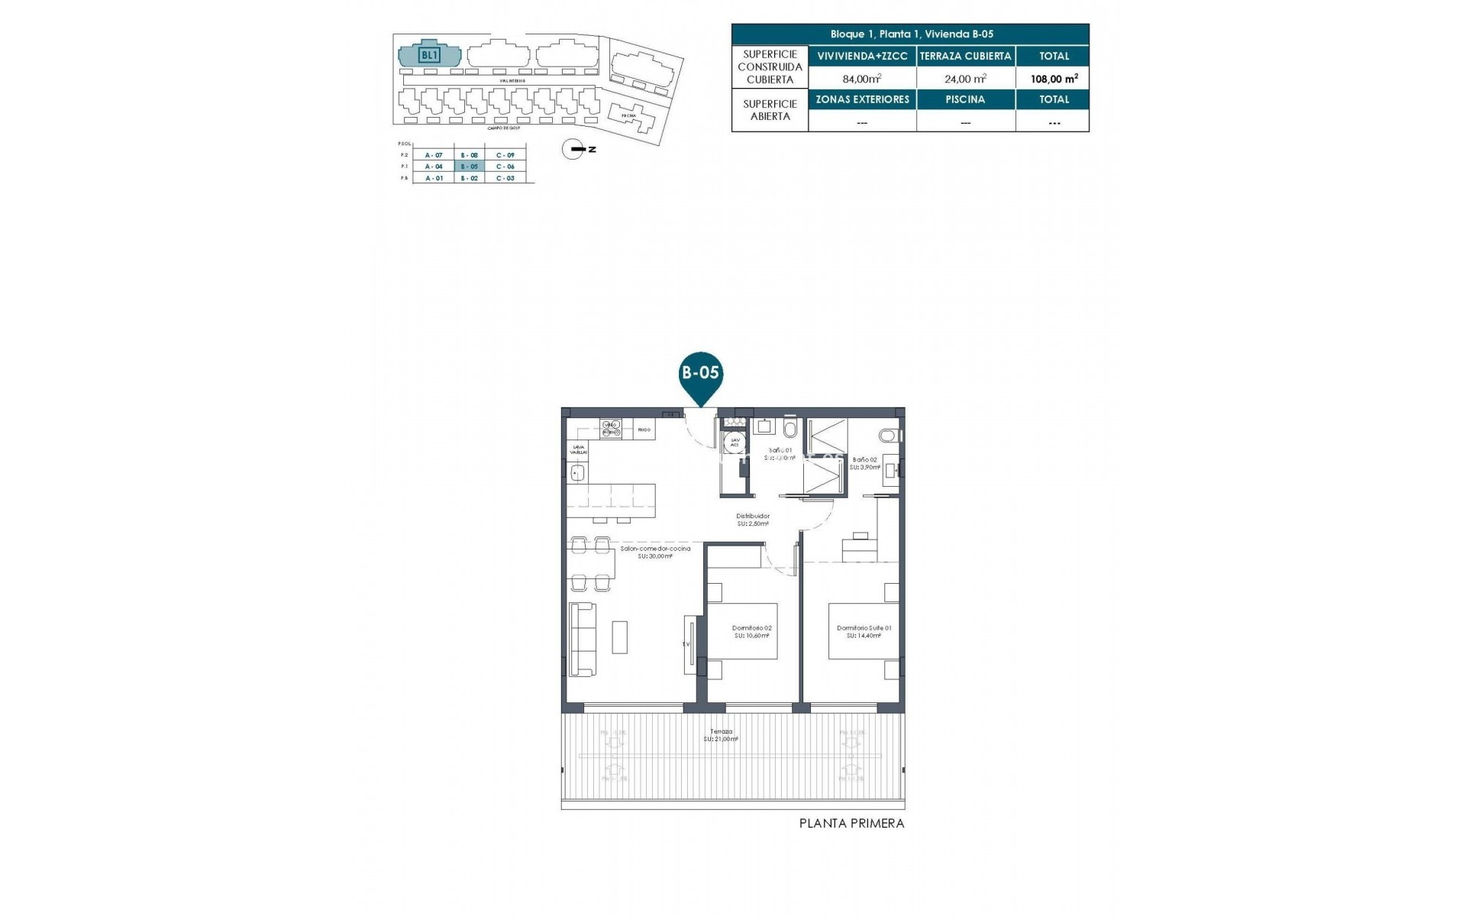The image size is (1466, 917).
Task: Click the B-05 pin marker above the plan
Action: point(700,374)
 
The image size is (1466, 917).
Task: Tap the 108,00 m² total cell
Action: point(1054,79)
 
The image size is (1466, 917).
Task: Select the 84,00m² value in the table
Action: point(862,79)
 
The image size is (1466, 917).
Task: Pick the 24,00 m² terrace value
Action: point(965,79)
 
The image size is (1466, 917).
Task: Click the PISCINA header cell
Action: point(965,99)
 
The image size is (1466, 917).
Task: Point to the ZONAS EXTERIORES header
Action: point(862,99)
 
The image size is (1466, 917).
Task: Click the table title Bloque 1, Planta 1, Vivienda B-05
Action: point(911,34)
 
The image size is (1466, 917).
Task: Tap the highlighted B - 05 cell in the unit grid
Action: point(469,167)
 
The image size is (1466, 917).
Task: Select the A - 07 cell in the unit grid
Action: point(434,155)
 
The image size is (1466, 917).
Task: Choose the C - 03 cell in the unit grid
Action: point(505,178)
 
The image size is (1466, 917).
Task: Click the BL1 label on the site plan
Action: point(430,55)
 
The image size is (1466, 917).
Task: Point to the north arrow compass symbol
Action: point(573,149)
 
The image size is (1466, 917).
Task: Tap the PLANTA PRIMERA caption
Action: point(851,824)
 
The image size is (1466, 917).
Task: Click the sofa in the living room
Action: point(583,639)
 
